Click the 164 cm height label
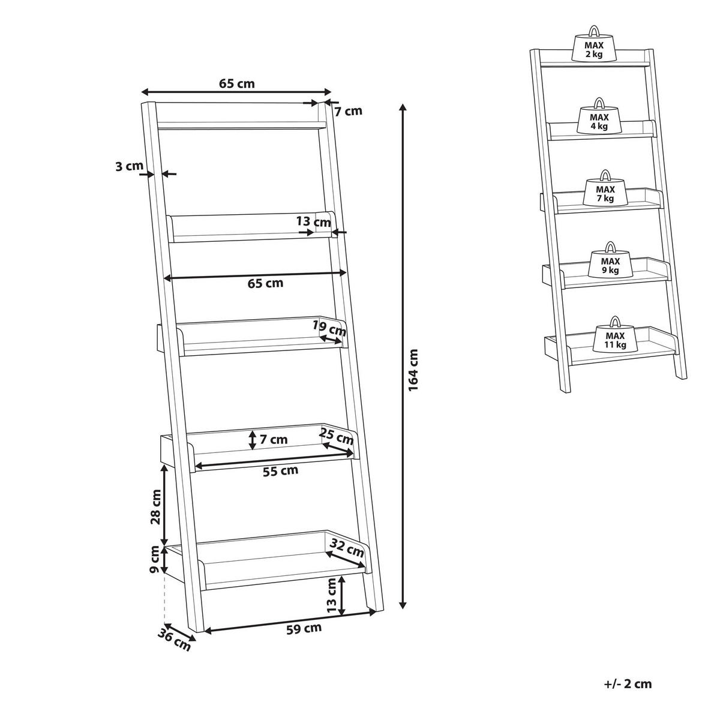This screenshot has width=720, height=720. pyautogui.click(x=413, y=370)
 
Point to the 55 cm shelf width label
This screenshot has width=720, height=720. pyautogui.click(x=280, y=471)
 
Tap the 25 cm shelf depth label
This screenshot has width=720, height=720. pyautogui.click(x=336, y=436)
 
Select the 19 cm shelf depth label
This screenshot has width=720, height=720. pyautogui.click(x=329, y=328)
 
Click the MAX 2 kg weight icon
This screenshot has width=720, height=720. pyautogui.click(x=594, y=48)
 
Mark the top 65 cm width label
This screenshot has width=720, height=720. pyautogui.click(x=237, y=83)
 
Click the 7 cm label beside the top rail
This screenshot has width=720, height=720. pyautogui.click(x=348, y=111)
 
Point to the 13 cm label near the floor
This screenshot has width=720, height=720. pyautogui.click(x=332, y=601)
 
